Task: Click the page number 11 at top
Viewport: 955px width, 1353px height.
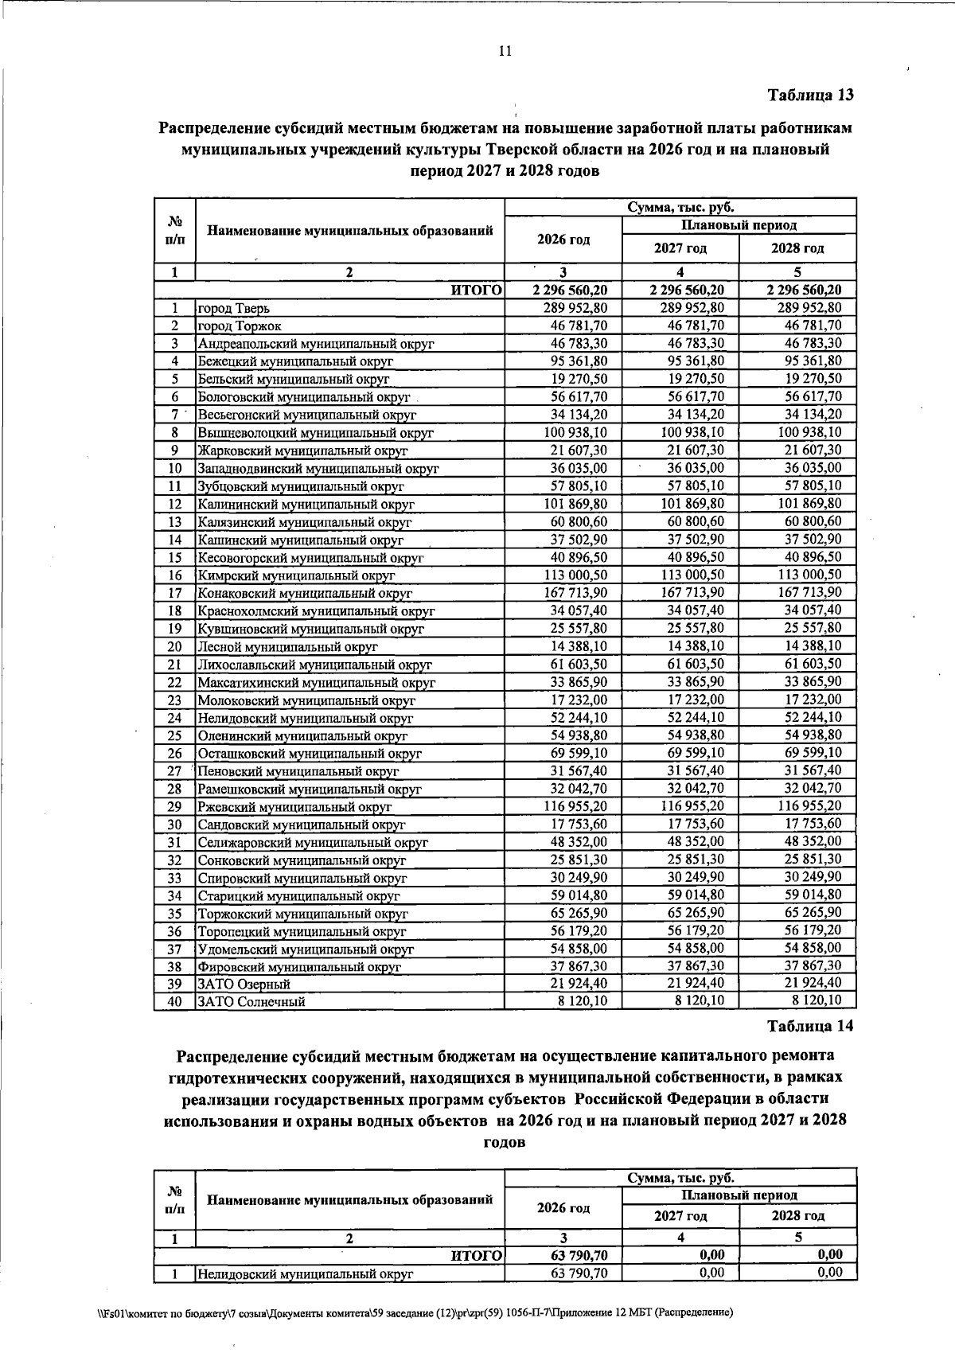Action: pyautogui.click(x=505, y=53)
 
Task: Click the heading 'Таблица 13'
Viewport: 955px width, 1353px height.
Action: pyautogui.click(x=810, y=96)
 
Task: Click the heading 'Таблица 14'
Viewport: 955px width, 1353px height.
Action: pyautogui.click(x=810, y=1026)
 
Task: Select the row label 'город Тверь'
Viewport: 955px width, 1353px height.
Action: pyautogui.click(x=236, y=308)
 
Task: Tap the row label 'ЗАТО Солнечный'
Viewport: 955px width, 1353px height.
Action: pyautogui.click(x=251, y=1002)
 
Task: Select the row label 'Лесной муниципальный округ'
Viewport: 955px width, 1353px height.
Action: pyautogui.click(x=287, y=647)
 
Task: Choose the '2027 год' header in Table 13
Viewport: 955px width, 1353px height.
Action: pyautogui.click(x=680, y=248)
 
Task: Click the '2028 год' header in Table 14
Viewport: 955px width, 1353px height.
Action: pyautogui.click(x=797, y=1216)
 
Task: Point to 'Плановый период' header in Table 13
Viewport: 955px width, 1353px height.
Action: pyautogui.click(x=739, y=225)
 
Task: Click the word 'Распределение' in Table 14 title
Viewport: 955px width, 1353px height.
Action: pyautogui.click(x=232, y=1056)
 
